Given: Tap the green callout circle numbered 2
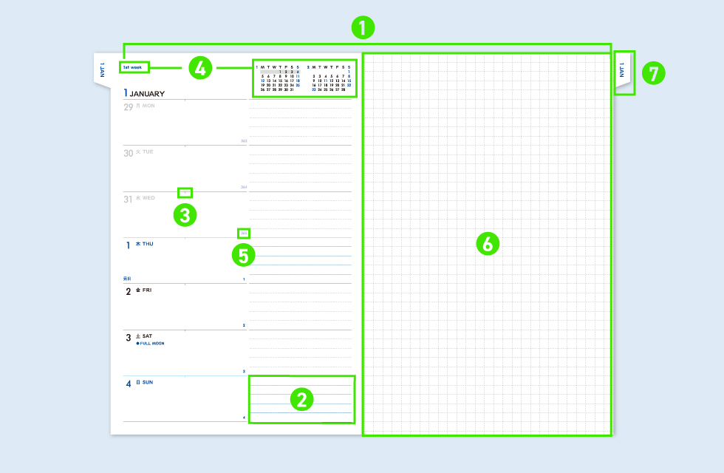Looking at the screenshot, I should pos(301,400).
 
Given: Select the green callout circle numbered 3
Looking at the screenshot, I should pos(185,215).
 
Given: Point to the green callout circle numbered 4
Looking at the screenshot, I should pos(200,68).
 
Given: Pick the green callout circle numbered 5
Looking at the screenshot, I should pos(243,256).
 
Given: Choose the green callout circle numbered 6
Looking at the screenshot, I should pos(488,243).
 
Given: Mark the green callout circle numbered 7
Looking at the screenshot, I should pos(653,73).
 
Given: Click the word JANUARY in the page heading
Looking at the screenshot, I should pos(147,94).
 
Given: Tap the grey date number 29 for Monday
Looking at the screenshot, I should pos(129,107).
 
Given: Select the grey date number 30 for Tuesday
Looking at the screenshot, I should pos(129,153).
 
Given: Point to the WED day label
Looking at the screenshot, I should pos(148,198).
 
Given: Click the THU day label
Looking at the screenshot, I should pos(148,244).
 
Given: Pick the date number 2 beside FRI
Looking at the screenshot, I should pos(128,291).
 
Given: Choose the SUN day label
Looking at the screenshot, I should pos(148,382).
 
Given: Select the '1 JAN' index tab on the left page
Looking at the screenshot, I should pos(102,70).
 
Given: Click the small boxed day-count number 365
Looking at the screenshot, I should pos(244,233).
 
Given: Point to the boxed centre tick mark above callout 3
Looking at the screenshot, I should pos(185,193).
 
